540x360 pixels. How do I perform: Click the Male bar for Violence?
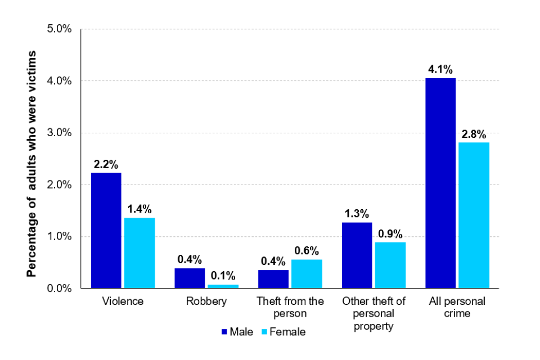click(x=106, y=231)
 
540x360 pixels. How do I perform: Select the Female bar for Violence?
click(x=139, y=253)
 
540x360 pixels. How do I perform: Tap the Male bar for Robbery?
click(x=190, y=278)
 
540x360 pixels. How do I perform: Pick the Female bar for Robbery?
click(x=223, y=286)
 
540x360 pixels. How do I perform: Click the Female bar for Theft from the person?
click(x=307, y=274)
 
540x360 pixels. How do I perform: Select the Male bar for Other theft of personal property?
click(x=357, y=255)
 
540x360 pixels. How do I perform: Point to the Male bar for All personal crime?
click(x=440, y=183)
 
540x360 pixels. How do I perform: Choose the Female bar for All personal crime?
click(x=474, y=215)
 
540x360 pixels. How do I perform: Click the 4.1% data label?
click(x=440, y=70)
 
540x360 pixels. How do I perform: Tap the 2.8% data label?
click(x=474, y=134)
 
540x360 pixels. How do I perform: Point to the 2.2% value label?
click(x=106, y=165)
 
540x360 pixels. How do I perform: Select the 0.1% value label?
click(x=223, y=277)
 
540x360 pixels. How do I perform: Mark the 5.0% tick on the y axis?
click(x=59, y=29)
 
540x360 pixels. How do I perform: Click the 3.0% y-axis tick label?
click(x=59, y=133)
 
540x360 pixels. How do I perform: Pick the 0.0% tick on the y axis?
click(x=59, y=289)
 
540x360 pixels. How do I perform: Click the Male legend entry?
click(x=237, y=332)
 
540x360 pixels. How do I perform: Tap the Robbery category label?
click(x=206, y=301)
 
